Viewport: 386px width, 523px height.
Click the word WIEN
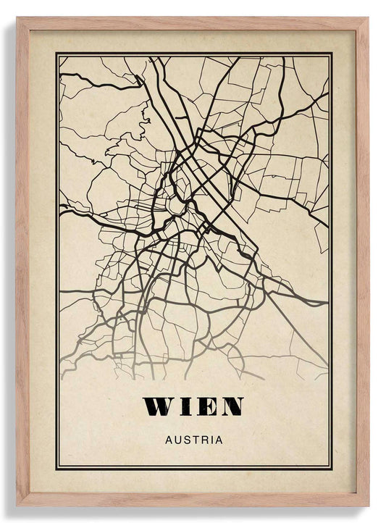pos(193,406)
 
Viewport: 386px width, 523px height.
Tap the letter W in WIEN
pos(159,406)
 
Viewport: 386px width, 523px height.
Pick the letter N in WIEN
pos(230,406)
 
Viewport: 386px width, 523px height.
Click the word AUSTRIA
pos(193,439)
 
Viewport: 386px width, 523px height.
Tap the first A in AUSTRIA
pos(169,439)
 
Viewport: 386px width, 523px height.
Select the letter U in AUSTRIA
pos(177,439)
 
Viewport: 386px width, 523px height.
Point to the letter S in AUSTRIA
pos(186,439)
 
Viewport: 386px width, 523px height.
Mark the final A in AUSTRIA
pos(218,439)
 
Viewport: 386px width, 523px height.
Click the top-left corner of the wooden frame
pos(18,19)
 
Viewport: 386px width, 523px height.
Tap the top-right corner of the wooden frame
pos(367,19)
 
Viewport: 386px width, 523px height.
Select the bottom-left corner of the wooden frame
pos(18,505)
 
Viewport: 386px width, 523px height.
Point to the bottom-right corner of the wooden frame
pos(367,505)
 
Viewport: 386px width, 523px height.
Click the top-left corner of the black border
pos(56,53)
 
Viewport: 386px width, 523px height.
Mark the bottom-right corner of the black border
pos(332,469)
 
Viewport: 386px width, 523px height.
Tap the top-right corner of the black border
pos(332,53)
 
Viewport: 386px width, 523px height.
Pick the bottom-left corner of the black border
pos(56,469)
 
